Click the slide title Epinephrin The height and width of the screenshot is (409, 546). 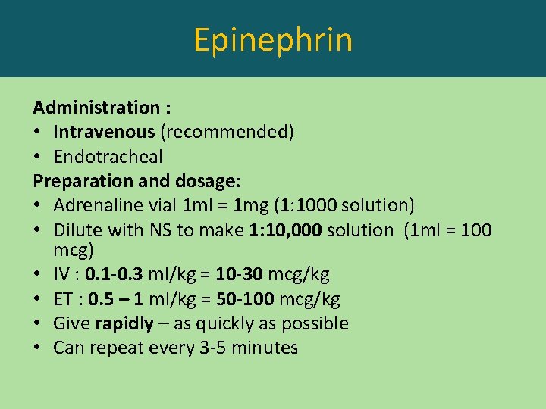(x=272, y=39)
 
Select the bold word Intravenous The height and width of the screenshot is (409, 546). (x=104, y=132)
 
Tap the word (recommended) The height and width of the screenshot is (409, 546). (x=226, y=132)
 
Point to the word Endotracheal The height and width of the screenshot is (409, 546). (x=108, y=157)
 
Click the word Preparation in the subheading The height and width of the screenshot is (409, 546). (x=80, y=182)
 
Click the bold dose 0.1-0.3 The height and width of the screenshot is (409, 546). (x=116, y=273)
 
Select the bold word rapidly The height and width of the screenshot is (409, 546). (x=124, y=323)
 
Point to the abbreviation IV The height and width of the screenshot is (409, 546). (x=62, y=273)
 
